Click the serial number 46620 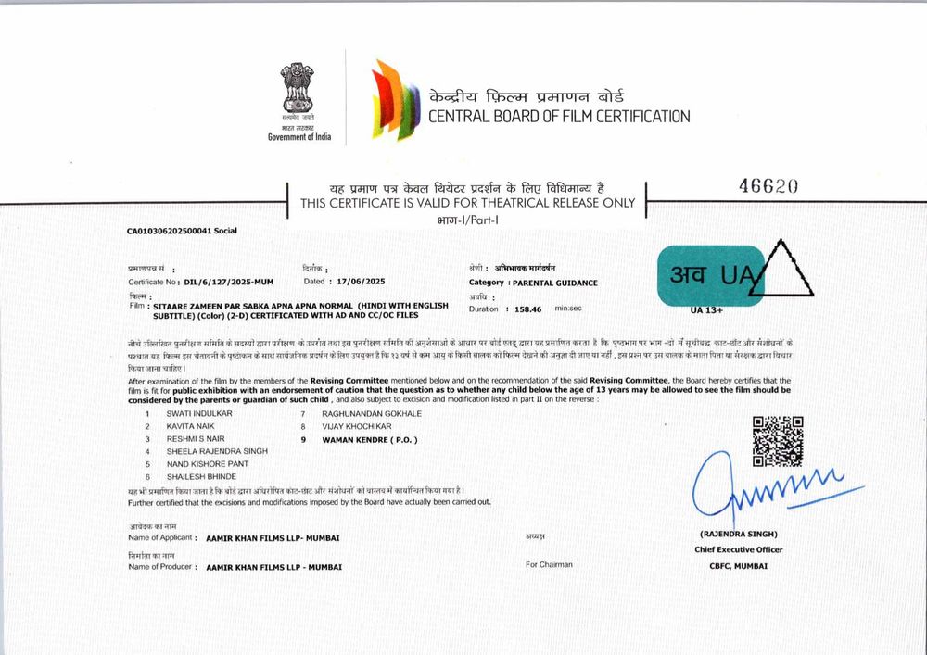tap(768, 185)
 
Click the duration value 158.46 tap(529, 309)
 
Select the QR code tap(777, 441)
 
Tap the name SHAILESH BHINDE tap(201, 476)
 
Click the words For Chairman tap(549, 564)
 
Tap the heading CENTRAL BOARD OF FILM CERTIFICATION tap(558, 117)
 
